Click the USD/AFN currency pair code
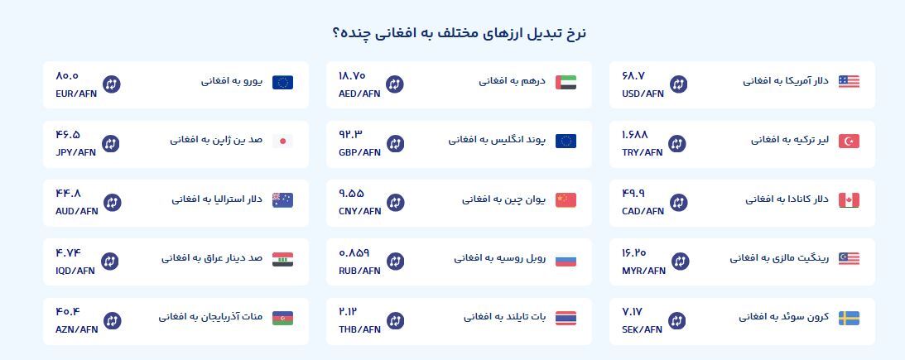coord(643,94)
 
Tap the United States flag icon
coord(849,82)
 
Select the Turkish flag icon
coord(849,141)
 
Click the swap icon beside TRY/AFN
coord(677,144)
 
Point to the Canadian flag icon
coord(849,200)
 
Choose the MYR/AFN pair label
coord(643,271)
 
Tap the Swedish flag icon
coord(849,319)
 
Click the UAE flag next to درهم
coord(566,82)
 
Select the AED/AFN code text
coord(359,94)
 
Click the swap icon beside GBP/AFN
coord(395,144)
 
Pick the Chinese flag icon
coord(566,200)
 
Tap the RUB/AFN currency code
coord(359,271)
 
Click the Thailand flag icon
coord(566,319)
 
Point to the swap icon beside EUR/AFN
coord(112,84)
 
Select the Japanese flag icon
coord(283,141)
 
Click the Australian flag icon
coord(283,200)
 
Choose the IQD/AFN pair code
coord(75,271)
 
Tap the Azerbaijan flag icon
coord(283,319)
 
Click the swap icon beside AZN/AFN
coord(112,321)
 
